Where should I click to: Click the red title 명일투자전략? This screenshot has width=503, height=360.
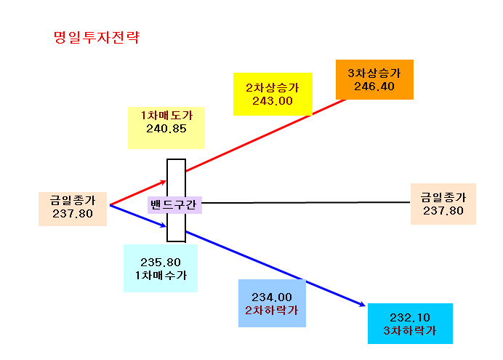coord(97,37)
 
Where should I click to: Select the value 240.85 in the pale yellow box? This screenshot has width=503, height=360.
coord(166,129)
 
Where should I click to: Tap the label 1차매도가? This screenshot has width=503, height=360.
coord(166,115)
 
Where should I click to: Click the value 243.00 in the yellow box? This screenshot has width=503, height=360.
coord(273,101)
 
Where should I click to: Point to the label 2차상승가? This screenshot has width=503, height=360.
coord(273,87)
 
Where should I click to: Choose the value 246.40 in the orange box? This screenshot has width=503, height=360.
coord(374,87)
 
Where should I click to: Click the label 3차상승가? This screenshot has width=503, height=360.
coord(374,73)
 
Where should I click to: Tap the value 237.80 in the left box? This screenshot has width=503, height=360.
coord(73,213)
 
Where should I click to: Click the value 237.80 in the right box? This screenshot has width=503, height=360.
coord(443,211)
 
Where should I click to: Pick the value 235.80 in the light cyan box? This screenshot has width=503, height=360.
coord(161,262)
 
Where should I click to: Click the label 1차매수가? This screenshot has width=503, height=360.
coord(161,276)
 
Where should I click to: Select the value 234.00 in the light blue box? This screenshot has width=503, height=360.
coord(272,297)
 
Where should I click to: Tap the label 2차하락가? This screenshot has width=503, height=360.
coord(272,311)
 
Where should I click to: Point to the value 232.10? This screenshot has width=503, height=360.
coord(410,318)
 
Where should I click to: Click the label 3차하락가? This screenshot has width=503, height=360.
coord(410,331)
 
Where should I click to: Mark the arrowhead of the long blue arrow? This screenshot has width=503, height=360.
coord(363,305)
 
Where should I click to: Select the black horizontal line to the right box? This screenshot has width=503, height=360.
coord(306,202)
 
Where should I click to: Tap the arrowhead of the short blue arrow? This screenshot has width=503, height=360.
coord(164,226)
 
